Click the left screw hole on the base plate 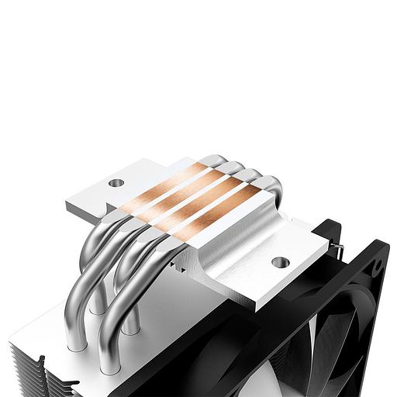pyautogui.click(x=116, y=183)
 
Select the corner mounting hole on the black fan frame pyautogui.click(x=378, y=266)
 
